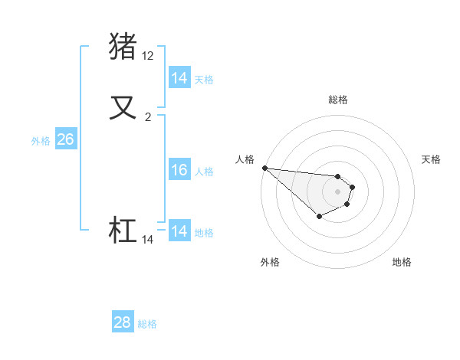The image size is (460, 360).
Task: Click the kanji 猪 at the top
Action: (123, 46)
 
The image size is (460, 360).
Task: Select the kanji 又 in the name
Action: (123, 106)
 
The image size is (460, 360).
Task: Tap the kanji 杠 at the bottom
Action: (123, 230)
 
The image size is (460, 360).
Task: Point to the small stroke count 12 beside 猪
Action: (148, 56)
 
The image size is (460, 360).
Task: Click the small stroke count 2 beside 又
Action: (148, 117)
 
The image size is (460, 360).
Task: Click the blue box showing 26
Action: (65, 139)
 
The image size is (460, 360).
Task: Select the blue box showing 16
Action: (179, 170)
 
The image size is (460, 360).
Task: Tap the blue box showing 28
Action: (123, 322)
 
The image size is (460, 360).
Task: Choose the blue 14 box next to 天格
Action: (179, 78)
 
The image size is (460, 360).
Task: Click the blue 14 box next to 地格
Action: (179, 231)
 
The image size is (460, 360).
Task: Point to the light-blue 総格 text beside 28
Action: (147, 324)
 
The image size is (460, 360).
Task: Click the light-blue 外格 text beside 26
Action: (40, 141)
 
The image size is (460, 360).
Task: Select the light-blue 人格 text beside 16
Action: (204, 172)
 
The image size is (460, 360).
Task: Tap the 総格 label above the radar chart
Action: (338, 100)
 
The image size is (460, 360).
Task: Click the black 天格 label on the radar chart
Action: (431, 159)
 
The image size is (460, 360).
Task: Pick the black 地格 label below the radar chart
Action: (402, 262)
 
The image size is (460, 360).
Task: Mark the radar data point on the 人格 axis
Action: (264, 168)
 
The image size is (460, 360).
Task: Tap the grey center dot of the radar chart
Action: (337, 191)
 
